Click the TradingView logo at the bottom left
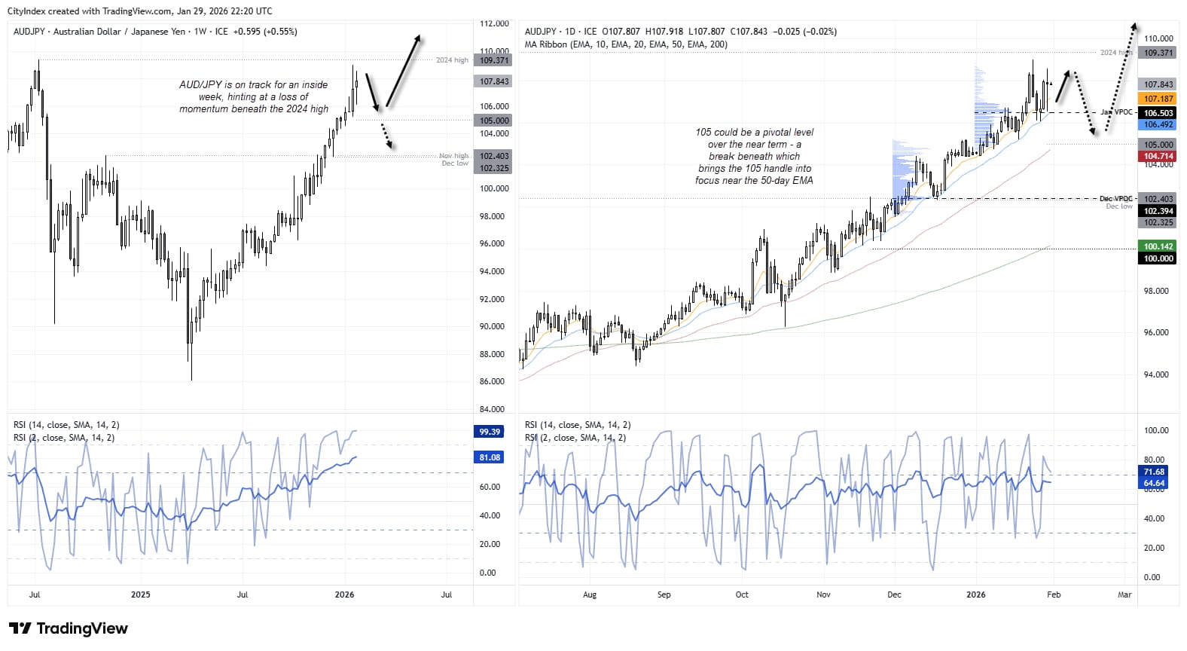coord(69,628)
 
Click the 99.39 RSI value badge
coord(490,432)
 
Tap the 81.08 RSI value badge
coord(490,457)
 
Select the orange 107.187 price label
coord(1158,99)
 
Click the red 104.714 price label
coord(1158,156)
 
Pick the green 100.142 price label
coord(1158,246)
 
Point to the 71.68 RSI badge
coord(1154,472)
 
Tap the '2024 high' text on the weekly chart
coord(452,60)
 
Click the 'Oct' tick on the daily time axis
coord(742,594)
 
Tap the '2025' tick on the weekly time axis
coord(140,594)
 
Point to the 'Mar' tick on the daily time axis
coord(1124,594)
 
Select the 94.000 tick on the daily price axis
coord(1156,374)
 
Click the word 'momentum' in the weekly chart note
coord(203,108)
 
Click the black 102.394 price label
coord(1158,211)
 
